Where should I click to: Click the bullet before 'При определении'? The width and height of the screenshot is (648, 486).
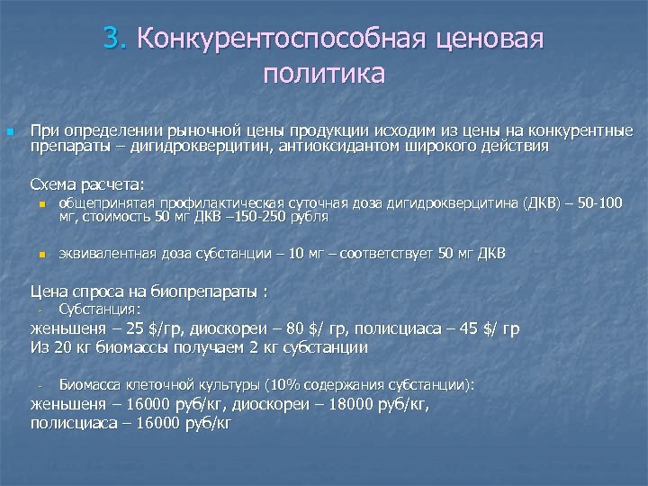(x=10, y=131)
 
